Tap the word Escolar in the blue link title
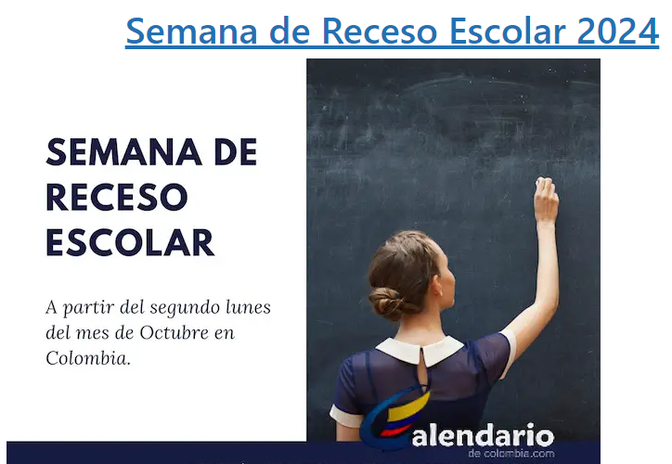click(508, 31)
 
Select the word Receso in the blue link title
click(380, 31)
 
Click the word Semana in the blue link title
click(191, 31)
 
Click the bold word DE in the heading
click(235, 152)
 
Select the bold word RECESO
click(117, 197)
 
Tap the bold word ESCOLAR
click(130, 242)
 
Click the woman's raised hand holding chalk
click(545, 199)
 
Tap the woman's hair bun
click(386, 302)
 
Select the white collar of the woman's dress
click(420, 350)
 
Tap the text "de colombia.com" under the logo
click(511, 453)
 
